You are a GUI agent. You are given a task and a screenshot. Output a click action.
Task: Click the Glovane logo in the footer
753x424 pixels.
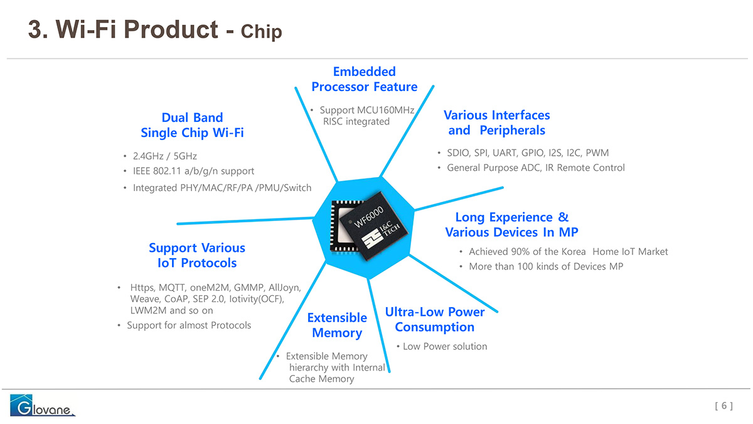[x=43, y=405]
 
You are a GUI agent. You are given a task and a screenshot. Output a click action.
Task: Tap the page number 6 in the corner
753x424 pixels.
[x=724, y=406]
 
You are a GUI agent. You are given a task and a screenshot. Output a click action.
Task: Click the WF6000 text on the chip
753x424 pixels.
[x=369, y=217]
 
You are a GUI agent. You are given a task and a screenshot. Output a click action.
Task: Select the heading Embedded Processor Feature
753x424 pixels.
[x=365, y=79]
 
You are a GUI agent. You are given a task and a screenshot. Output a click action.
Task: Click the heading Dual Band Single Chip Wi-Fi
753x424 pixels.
[x=192, y=125]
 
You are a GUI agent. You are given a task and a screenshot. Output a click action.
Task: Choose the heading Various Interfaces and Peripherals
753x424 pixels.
[x=497, y=122]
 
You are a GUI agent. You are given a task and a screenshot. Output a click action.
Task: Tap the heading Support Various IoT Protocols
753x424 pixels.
[x=197, y=255]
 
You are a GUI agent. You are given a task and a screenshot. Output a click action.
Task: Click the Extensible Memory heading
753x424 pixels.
[x=337, y=325]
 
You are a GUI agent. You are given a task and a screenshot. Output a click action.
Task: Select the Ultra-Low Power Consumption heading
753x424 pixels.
[x=435, y=319]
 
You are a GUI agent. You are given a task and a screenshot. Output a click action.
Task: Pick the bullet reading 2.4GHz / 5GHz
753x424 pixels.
[x=164, y=156]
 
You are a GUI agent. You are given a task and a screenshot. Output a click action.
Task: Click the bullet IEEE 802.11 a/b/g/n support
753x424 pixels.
[x=194, y=171]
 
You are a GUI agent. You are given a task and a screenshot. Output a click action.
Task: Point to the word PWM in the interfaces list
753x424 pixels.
[x=597, y=153]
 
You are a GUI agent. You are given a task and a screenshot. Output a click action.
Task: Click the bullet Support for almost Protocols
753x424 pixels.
[x=189, y=325]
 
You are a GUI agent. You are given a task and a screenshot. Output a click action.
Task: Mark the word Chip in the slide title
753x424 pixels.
[x=262, y=31]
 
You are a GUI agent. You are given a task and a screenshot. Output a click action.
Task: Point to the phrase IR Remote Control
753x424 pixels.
[x=585, y=168]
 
